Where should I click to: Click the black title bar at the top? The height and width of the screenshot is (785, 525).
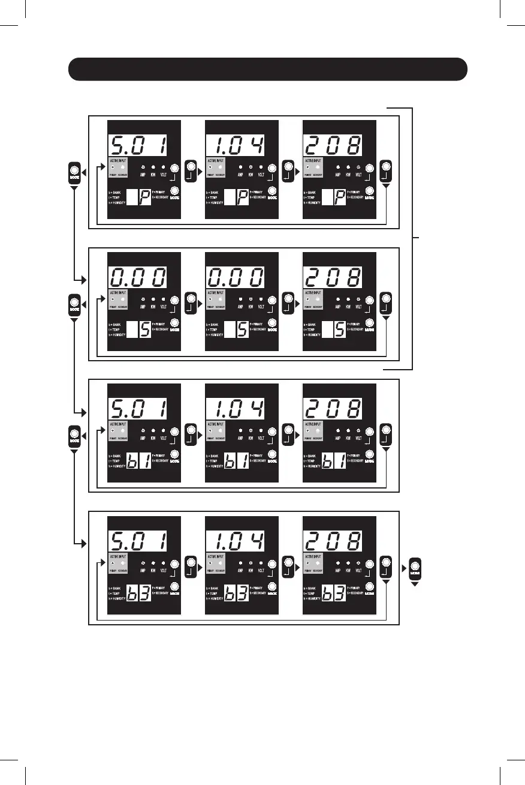tap(267, 69)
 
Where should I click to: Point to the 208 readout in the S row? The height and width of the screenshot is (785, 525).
tap(334, 277)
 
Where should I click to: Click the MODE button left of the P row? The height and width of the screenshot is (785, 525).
tap(75, 172)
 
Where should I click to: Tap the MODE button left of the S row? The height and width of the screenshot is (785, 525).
tap(75, 303)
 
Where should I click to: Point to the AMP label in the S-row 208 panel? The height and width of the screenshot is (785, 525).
tap(339, 306)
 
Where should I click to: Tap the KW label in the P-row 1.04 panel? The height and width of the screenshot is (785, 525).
tap(251, 175)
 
